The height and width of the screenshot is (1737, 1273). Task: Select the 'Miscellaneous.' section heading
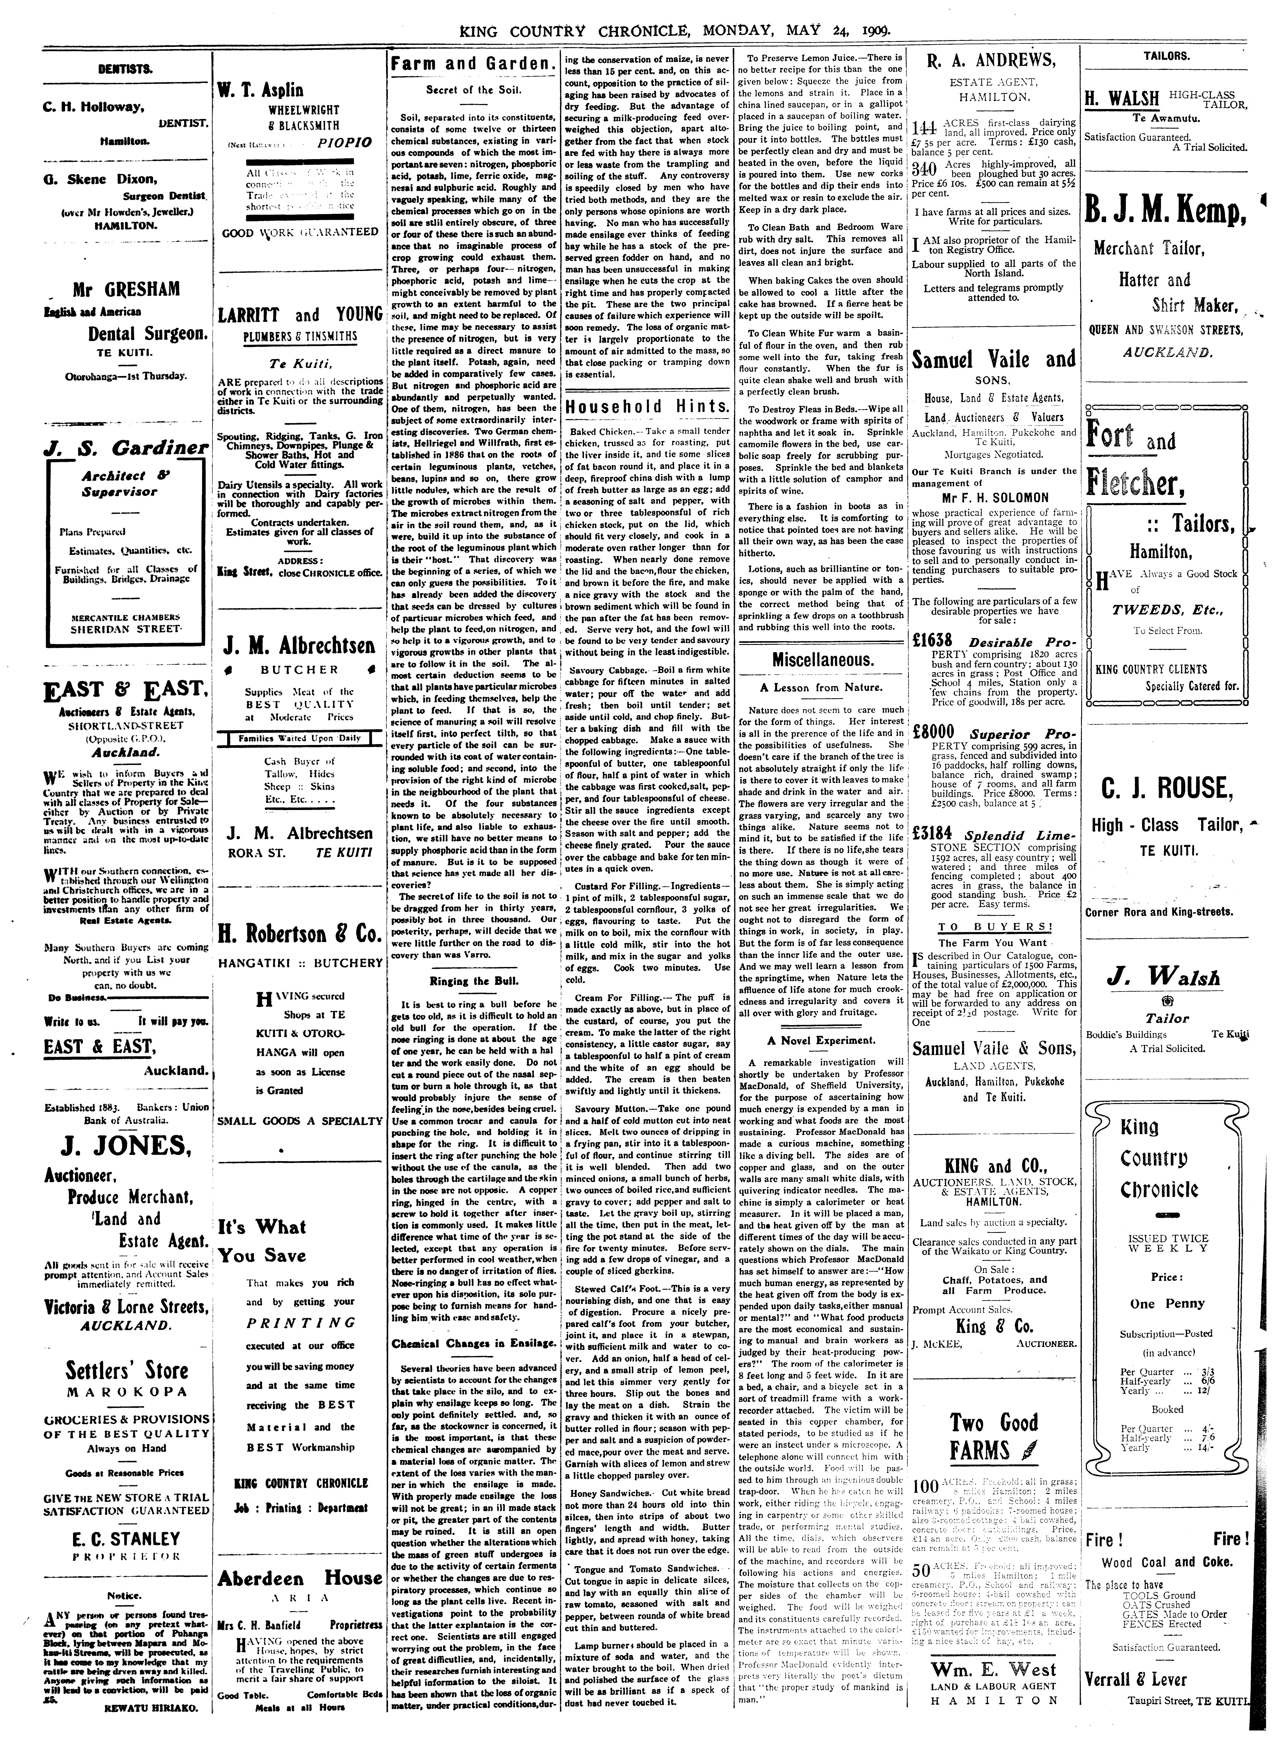click(x=822, y=660)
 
